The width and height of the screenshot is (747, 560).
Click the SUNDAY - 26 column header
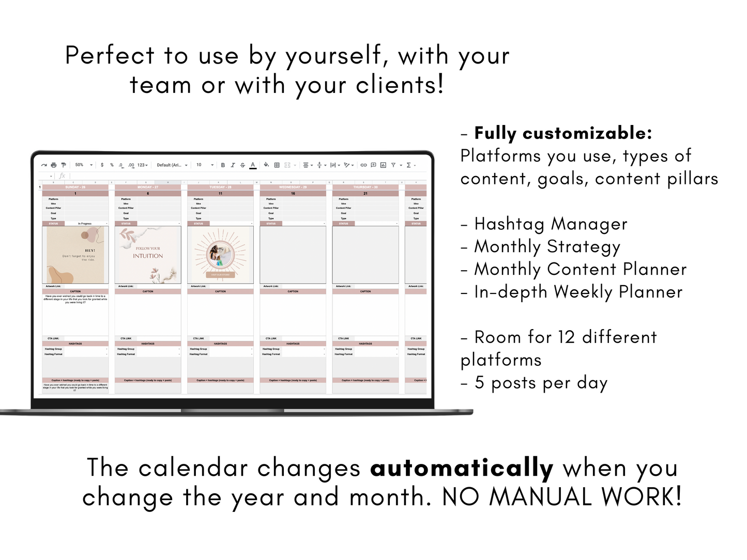75,187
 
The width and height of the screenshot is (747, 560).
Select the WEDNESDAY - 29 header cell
293,187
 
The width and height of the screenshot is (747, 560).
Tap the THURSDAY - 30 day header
365,187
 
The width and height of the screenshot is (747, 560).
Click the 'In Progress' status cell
85,224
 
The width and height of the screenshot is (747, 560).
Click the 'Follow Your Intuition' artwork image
148,255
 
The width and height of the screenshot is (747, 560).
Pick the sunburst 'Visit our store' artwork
221,255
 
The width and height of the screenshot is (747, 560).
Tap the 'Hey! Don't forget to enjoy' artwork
75,255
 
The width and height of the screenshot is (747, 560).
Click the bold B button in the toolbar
223,165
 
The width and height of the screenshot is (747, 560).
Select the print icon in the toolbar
54,165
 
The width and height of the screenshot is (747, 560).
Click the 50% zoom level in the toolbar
80,165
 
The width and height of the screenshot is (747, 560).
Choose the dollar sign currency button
102,165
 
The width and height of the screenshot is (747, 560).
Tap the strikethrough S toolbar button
242,165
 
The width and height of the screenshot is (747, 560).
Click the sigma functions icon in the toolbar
409,165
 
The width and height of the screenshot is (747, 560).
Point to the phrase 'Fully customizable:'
563,133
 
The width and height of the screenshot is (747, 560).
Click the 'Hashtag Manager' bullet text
551,224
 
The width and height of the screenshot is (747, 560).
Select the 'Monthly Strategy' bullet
547,247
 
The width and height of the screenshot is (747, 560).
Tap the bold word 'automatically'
462,468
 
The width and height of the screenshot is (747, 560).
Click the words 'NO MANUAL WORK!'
562,497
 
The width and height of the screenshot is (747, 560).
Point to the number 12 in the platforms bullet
567,337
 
